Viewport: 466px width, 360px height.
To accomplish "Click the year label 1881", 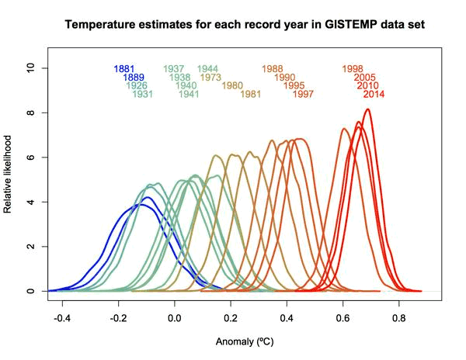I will point(124,69).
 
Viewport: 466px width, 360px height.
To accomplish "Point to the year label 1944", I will point(207,69).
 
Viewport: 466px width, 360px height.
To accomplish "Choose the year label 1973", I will point(211,78).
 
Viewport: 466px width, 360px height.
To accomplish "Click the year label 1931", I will point(142,95).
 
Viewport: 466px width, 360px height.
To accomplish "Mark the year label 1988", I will point(273,69).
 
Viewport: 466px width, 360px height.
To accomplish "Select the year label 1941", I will point(189,95).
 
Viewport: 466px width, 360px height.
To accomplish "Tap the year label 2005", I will point(364,78).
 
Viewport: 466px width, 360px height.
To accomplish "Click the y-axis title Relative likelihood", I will point(10,174).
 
